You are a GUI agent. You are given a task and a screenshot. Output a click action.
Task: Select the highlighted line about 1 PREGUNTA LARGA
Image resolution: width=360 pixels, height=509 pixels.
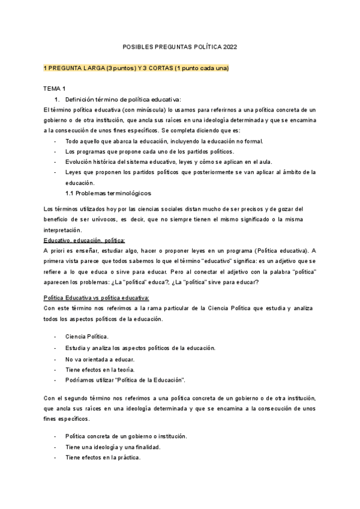(x=136, y=68)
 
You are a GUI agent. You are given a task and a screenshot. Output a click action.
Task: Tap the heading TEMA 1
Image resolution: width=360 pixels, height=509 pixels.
(x=55, y=88)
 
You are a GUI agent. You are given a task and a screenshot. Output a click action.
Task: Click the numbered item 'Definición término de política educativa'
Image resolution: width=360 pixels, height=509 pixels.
(x=122, y=99)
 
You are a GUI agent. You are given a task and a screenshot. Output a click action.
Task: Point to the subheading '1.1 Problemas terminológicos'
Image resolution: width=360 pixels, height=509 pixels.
(x=108, y=193)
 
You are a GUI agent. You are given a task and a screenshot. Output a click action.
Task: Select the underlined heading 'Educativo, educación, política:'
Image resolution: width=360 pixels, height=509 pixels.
(x=84, y=240)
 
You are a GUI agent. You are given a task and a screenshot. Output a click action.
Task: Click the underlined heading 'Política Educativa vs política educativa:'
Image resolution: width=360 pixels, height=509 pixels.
(x=97, y=298)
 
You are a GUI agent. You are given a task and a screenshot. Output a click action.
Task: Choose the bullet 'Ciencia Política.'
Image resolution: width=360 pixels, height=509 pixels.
(x=87, y=337)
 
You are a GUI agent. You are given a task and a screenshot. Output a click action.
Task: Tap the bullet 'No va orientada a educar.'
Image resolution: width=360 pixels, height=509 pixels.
(x=95, y=359)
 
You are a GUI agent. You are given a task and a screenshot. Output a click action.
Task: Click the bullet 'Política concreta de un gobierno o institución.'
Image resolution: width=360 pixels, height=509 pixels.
(x=126, y=436)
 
